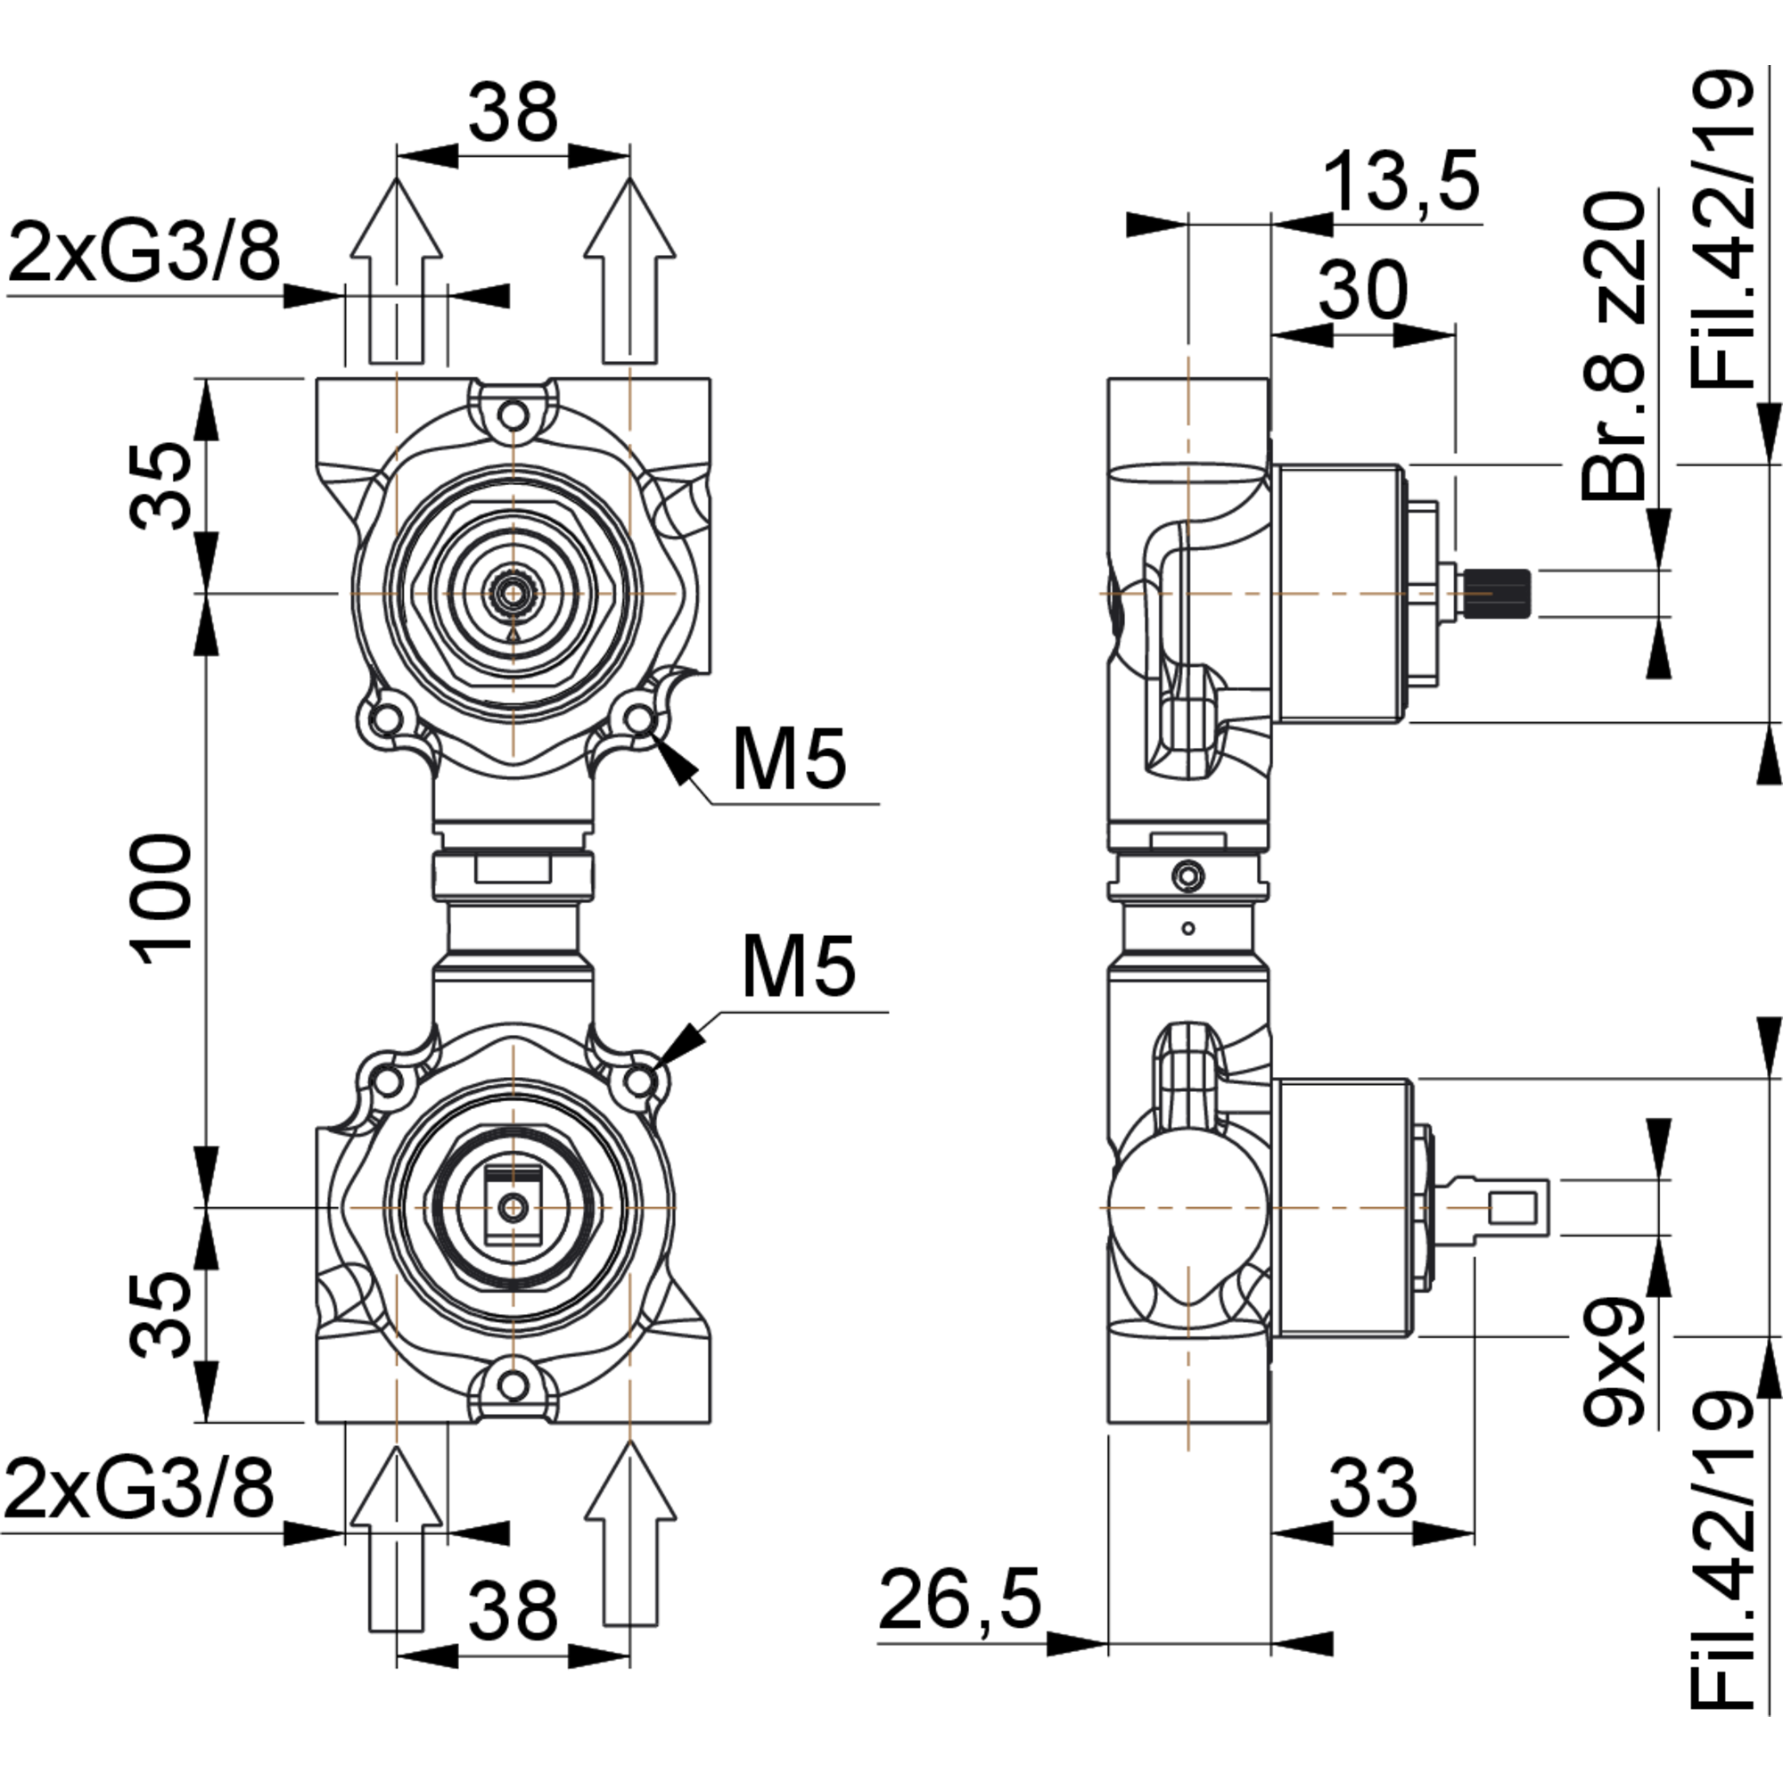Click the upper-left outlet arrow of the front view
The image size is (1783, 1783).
click(x=397, y=277)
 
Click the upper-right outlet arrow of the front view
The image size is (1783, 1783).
click(x=630, y=277)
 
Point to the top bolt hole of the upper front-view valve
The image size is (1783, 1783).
click(x=514, y=414)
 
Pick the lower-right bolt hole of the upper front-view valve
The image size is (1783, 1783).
click(x=637, y=717)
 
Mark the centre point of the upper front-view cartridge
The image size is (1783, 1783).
click(x=514, y=595)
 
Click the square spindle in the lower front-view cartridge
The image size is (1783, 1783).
click(x=514, y=1207)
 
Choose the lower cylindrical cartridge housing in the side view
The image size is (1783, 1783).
click(x=1343, y=1207)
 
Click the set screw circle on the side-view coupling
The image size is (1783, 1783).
click(x=1188, y=875)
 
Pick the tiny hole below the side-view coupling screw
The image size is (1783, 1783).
click(x=1188, y=928)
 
